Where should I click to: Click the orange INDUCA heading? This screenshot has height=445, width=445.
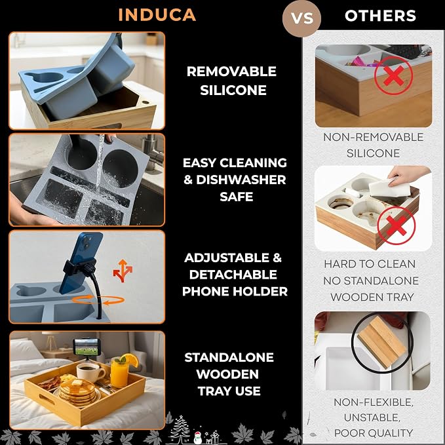[x=157, y=15]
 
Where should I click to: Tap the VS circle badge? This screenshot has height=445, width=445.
[x=301, y=18]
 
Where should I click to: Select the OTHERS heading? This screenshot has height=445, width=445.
[x=380, y=16]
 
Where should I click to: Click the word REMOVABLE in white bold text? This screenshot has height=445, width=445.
[x=231, y=71]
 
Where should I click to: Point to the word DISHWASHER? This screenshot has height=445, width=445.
[x=241, y=180]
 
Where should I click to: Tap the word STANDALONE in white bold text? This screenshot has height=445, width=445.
[x=229, y=357]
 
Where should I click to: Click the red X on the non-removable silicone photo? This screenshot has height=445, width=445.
[x=393, y=75]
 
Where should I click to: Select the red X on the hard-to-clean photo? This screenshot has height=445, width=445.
[x=397, y=225]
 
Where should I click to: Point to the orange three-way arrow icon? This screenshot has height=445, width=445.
[x=123, y=271]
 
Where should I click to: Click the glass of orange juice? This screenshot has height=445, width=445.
[x=120, y=371]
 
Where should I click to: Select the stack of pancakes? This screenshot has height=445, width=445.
[x=77, y=392]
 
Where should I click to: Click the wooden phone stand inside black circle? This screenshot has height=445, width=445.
[x=381, y=342]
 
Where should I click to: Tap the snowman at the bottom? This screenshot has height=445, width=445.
[x=198, y=437]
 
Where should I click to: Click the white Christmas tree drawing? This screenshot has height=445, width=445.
[x=180, y=429]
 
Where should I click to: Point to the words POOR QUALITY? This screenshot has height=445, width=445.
[x=374, y=433]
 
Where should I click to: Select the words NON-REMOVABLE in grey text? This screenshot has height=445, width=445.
[x=373, y=137]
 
